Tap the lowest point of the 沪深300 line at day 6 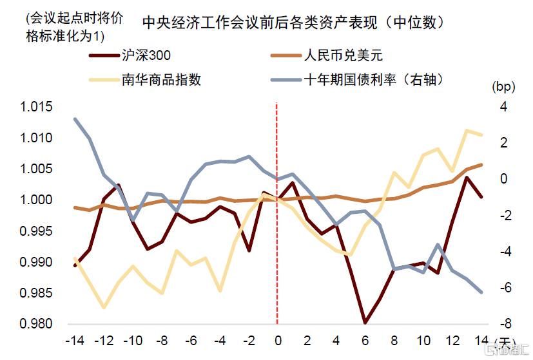[x=365, y=322]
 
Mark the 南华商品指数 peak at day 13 [x=467, y=131]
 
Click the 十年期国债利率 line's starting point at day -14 [x=75, y=119]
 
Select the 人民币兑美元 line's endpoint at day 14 [x=481, y=165]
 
